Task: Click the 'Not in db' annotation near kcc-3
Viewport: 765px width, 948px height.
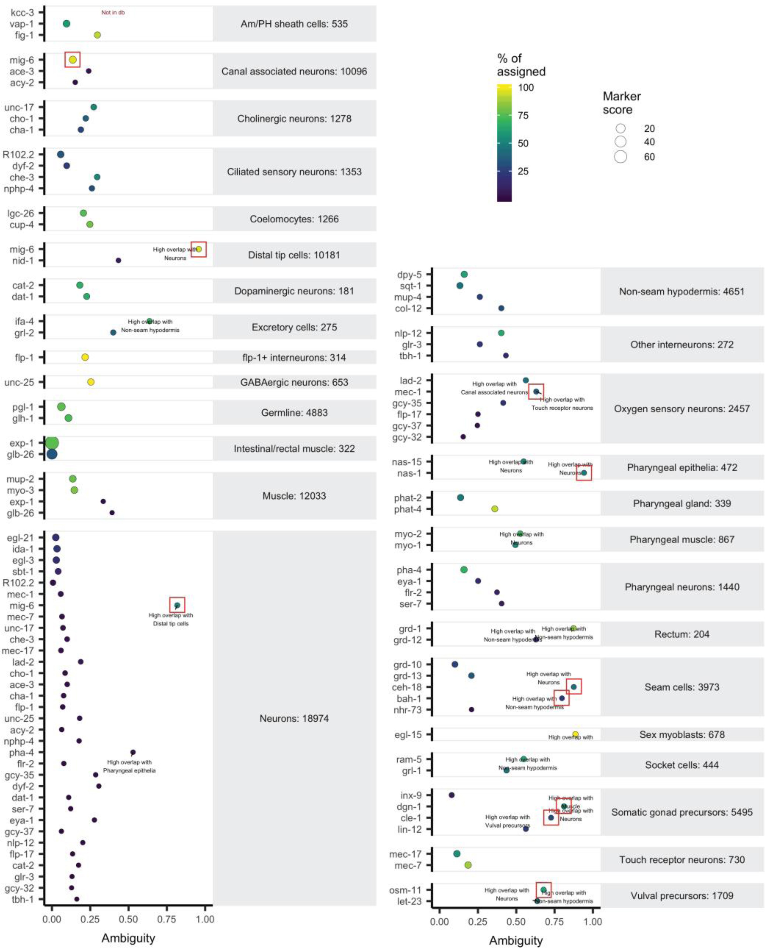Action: [x=113, y=12]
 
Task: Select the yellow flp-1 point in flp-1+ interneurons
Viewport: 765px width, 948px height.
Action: [x=85, y=357]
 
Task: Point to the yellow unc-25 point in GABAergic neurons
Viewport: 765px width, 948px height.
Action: [x=91, y=381]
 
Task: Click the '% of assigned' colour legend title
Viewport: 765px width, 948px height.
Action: [x=521, y=65]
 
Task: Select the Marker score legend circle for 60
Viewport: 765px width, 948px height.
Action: [x=620, y=157]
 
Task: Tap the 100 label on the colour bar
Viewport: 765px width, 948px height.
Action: [x=526, y=87]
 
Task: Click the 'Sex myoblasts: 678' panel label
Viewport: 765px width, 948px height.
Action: [x=682, y=734]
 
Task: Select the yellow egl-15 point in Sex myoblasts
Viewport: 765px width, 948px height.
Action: [x=575, y=734]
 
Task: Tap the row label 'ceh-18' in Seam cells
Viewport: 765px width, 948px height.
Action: [x=406, y=687]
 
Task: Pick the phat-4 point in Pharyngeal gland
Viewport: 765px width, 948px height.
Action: [x=495, y=509]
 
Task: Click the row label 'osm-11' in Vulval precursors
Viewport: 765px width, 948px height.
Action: [x=405, y=890]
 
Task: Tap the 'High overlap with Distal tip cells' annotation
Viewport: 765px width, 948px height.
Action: [x=171, y=619]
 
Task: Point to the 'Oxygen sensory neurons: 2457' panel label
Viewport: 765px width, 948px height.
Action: [x=682, y=408]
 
